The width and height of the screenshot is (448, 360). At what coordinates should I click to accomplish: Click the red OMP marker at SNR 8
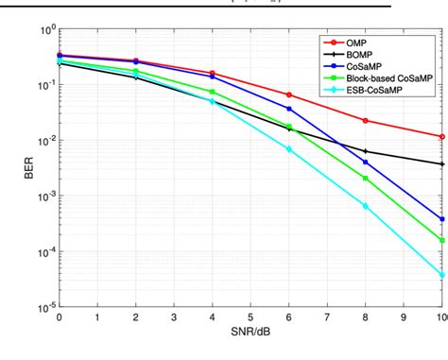[x=365, y=120]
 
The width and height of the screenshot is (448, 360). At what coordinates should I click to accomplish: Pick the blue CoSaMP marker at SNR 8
[x=365, y=163]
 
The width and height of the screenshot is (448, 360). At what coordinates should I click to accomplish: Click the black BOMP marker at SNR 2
[x=135, y=77]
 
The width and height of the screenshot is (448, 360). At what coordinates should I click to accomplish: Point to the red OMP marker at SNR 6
[x=288, y=94]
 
